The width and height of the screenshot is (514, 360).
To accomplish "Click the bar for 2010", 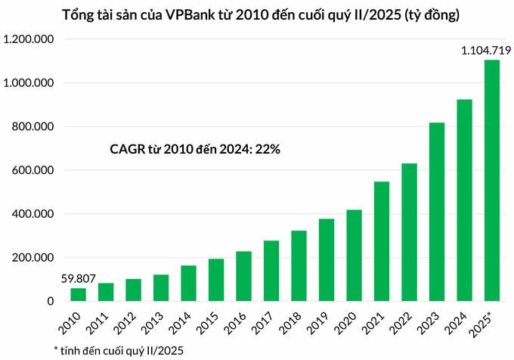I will [x=79, y=294].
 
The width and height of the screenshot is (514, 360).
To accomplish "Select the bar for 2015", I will [x=216, y=280].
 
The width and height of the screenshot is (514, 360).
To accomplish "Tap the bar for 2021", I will [x=382, y=241].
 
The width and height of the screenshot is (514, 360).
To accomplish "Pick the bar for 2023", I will [x=437, y=212].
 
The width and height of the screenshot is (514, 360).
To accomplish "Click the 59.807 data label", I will [x=79, y=278].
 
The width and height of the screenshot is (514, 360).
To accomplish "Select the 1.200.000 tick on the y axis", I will [x=29, y=39].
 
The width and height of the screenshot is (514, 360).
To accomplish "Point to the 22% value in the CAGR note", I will [x=268, y=150].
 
